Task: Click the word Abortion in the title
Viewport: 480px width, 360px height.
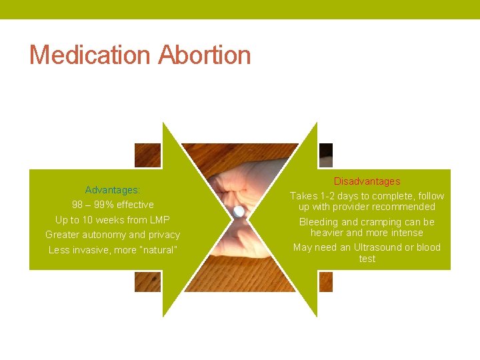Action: (x=204, y=55)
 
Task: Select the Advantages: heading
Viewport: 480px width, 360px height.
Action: (x=113, y=190)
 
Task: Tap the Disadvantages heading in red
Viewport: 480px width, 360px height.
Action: (x=367, y=181)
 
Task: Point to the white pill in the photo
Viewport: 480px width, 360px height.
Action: (x=238, y=211)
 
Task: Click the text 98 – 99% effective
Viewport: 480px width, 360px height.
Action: (x=113, y=205)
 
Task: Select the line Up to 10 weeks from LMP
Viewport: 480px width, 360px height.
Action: (x=113, y=220)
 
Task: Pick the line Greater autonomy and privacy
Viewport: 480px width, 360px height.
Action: (x=113, y=235)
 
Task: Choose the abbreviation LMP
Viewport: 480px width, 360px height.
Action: (x=159, y=220)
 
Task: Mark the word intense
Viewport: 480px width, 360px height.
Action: (x=406, y=233)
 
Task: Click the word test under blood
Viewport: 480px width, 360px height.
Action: (x=367, y=259)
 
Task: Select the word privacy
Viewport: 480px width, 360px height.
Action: (x=164, y=235)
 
